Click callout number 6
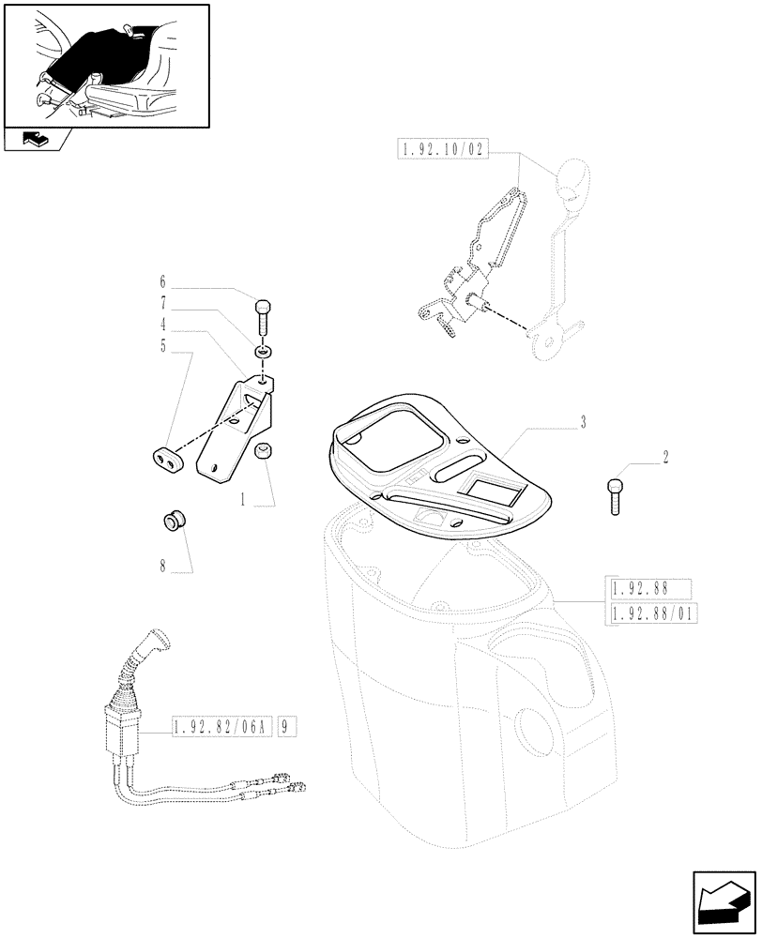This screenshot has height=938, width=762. [162, 281]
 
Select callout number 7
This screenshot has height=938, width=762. [162, 303]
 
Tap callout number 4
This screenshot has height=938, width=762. [162, 325]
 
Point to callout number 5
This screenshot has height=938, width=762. [162, 346]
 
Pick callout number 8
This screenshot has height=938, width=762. [162, 567]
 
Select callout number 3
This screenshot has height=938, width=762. [583, 422]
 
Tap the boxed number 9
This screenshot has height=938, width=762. [285, 726]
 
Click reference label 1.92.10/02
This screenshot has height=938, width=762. [444, 149]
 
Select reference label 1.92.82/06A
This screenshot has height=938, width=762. [221, 726]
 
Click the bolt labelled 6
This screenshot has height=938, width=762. [264, 314]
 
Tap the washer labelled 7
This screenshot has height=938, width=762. [263, 352]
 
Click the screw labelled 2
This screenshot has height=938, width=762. [615, 493]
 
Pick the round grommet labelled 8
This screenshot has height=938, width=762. [172, 521]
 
